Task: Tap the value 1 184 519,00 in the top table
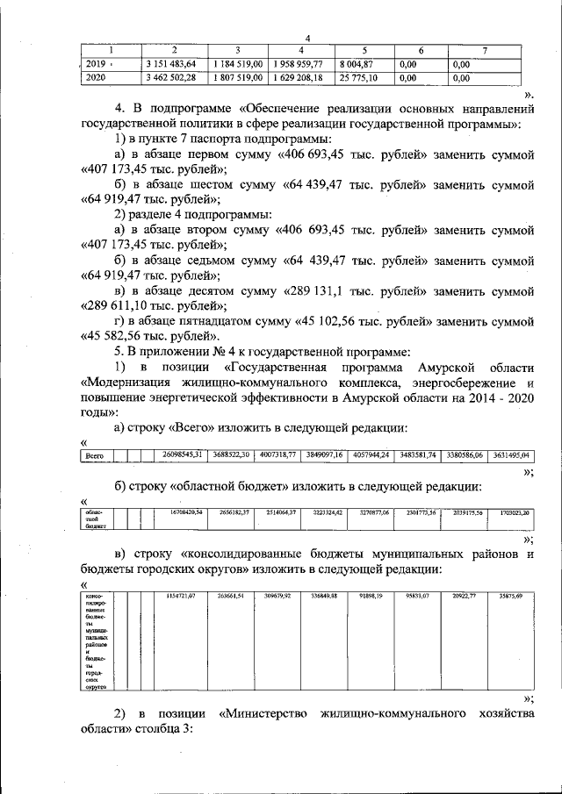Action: click(x=238, y=64)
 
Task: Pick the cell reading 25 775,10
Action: click(x=362, y=78)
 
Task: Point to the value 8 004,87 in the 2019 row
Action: click(x=361, y=64)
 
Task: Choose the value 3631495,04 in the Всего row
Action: click(x=508, y=454)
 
